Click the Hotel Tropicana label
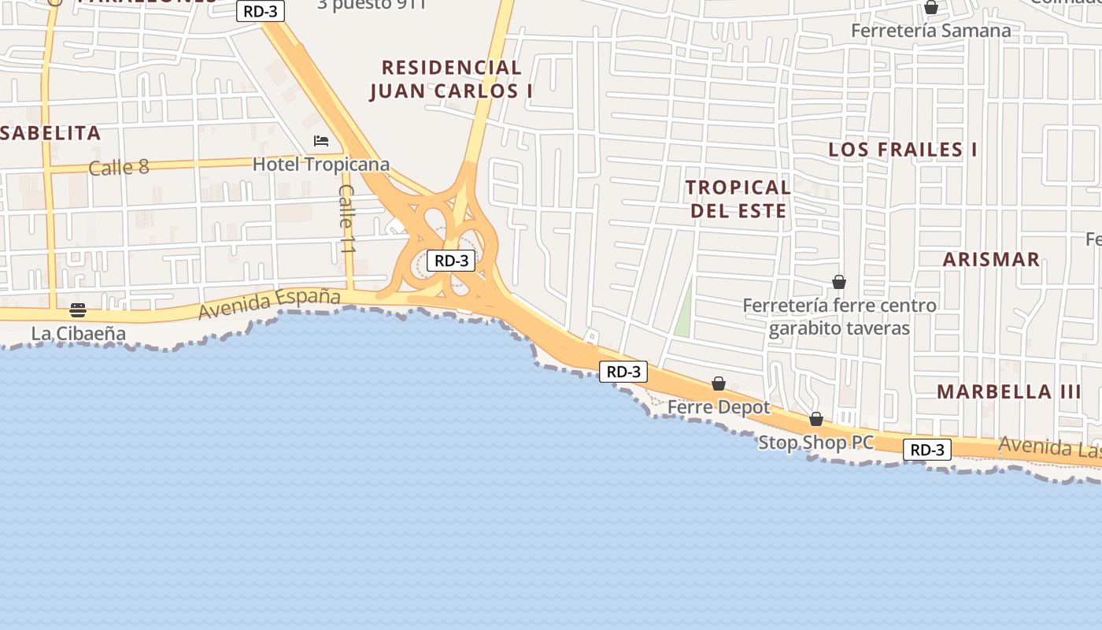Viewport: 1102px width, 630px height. point(320,165)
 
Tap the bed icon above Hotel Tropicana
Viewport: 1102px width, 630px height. point(320,141)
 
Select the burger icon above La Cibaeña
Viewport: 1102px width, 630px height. point(77,309)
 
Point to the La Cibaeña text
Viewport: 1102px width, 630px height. point(78,333)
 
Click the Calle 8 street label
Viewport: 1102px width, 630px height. point(119,167)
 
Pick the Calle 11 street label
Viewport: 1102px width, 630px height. point(346,218)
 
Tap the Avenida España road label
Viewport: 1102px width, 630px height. point(268,303)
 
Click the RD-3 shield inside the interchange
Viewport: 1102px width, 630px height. point(451,261)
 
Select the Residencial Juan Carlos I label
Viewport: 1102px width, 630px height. point(451,80)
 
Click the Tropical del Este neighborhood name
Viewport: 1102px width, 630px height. point(738,198)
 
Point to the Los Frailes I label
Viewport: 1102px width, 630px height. point(903,150)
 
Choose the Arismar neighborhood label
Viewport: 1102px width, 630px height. point(991,259)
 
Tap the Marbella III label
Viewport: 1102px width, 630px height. point(1008,391)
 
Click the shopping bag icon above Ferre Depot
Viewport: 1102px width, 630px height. point(718,384)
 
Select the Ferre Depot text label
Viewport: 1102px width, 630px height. point(719,407)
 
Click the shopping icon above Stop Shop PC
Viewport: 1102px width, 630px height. point(816,419)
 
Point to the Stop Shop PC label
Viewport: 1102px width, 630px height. point(815,443)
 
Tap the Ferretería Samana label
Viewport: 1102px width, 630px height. point(930,31)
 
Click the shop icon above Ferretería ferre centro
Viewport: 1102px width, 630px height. point(839,282)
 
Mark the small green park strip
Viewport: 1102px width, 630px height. point(683,310)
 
